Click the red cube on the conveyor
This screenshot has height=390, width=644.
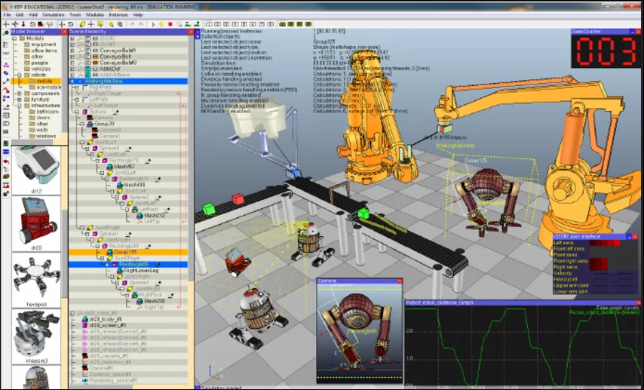[239, 199]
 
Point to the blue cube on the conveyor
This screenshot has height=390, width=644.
[295, 174]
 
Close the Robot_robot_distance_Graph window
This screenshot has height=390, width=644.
[639, 302]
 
